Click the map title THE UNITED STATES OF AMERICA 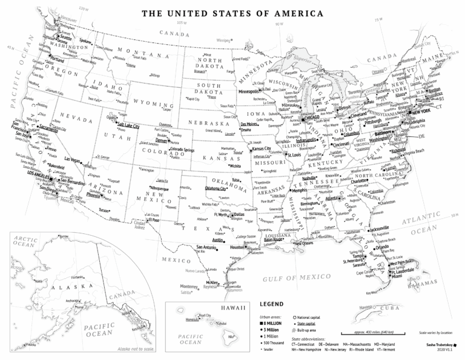click(x=232, y=13)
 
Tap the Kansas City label click(x=262, y=148)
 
